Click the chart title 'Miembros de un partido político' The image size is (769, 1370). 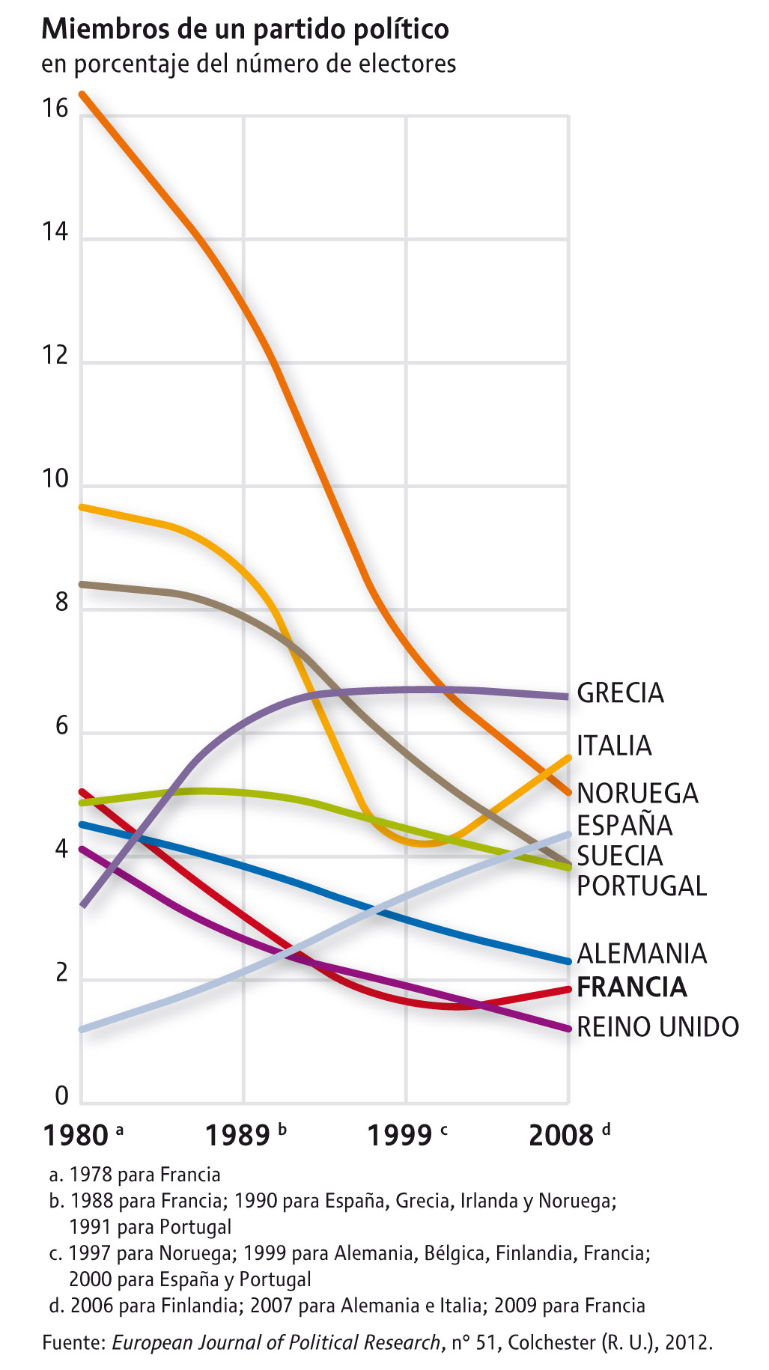[x=245, y=29]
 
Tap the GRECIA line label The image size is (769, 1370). [x=620, y=693]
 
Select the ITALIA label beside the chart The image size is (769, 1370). [x=614, y=746]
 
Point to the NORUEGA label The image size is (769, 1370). [x=637, y=793]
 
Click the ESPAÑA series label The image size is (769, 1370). [x=624, y=825]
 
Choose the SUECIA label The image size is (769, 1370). [x=619, y=856]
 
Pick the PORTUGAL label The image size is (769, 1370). [x=642, y=886]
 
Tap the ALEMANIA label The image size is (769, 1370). [x=642, y=954]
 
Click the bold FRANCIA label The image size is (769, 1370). [x=632, y=987]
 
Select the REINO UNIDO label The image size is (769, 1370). [x=657, y=1026]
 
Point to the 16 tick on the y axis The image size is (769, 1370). [x=55, y=109]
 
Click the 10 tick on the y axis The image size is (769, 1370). [x=55, y=478]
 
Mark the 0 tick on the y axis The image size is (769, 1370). [x=61, y=1096]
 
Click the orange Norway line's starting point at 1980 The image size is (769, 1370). [x=82, y=94]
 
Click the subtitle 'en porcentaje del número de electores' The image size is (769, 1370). [x=249, y=64]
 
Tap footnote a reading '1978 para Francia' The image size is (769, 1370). [x=135, y=1175]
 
